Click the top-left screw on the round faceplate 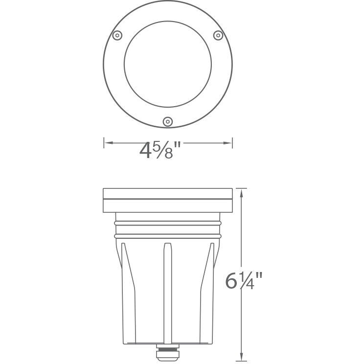117,35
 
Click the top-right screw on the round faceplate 218,35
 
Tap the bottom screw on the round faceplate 168,121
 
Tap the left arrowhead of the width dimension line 107,143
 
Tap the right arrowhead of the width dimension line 228,143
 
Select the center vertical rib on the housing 168,294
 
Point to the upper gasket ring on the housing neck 168,223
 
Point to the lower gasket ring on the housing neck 168,236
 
